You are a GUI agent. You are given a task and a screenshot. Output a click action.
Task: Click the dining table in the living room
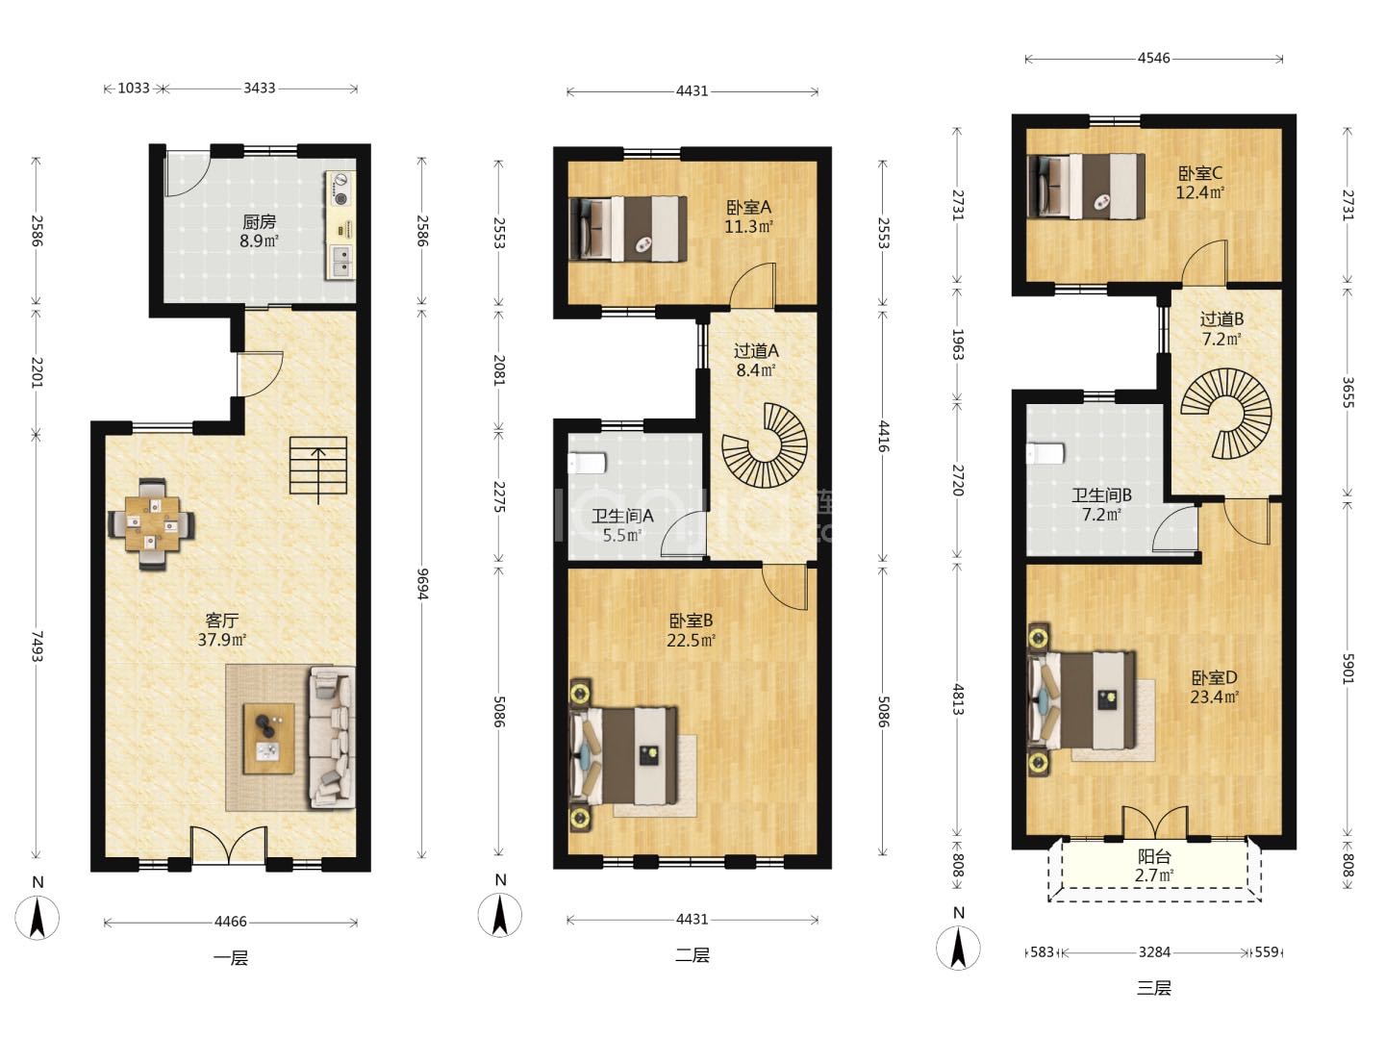click(151, 523)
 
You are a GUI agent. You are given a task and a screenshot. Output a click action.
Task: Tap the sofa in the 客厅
click(331, 738)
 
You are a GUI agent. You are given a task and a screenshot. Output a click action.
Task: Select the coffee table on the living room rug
click(268, 738)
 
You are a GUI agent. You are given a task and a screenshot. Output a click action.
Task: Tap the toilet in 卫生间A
click(587, 464)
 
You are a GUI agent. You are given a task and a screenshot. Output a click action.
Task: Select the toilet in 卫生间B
click(1045, 453)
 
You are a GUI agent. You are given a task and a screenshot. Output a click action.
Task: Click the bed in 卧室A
click(628, 228)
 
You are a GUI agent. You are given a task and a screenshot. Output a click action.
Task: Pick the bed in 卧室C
click(1087, 186)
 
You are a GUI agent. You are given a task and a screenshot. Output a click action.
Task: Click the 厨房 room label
click(260, 222)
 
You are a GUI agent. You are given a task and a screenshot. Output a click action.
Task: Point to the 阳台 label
click(1155, 856)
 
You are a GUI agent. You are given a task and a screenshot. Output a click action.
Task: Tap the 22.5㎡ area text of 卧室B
click(691, 641)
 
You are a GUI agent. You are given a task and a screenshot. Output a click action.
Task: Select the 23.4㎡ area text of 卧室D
click(1214, 697)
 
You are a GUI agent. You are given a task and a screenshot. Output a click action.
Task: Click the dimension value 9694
click(422, 584)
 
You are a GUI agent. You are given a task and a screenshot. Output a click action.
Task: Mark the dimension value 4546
click(1154, 58)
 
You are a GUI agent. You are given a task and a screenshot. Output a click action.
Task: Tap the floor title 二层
click(692, 955)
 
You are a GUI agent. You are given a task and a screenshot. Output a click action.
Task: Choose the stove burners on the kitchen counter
click(341, 190)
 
